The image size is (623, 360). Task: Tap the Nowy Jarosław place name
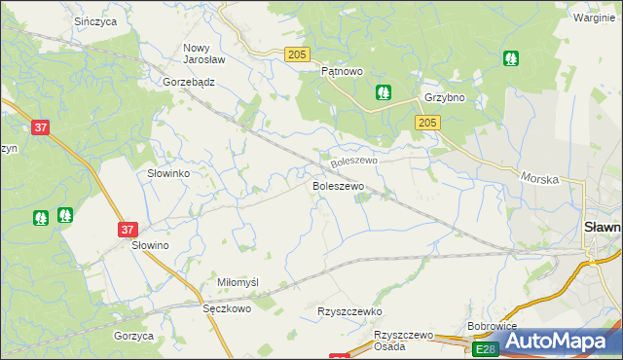204,53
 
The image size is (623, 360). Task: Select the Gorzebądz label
189,83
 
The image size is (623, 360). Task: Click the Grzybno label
443,98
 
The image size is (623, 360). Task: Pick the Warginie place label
595,18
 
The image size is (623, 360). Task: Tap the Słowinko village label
167,173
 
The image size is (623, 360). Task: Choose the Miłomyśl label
238,282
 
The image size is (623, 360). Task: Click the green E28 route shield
485,348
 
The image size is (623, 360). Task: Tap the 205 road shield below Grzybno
427,123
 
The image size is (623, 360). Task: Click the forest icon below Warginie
510,58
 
